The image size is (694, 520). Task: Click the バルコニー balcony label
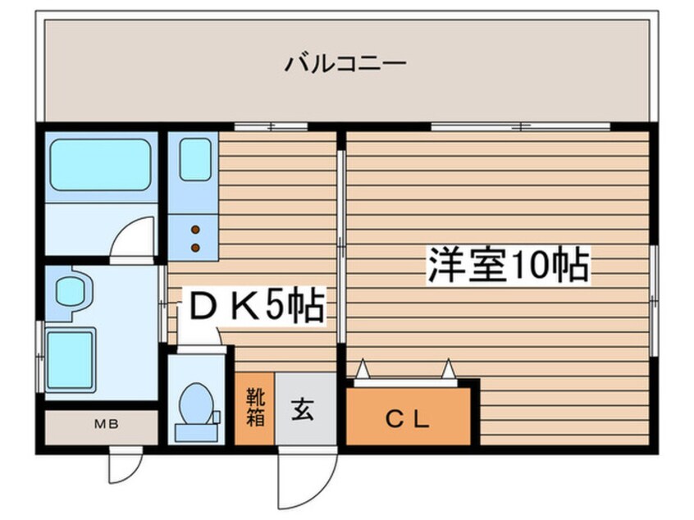tap(345, 63)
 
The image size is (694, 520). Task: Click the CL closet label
tap(408, 420)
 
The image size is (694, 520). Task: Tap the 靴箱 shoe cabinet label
tap(254, 408)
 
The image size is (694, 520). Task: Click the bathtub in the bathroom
tap(101, 165)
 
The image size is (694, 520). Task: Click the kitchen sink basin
tap(196, 160)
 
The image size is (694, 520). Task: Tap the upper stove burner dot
tap(196, 230)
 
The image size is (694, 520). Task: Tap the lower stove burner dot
tap(196, 246)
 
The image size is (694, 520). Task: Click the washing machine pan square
tap(71, 360)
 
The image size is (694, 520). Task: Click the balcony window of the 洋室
tap(520, 126)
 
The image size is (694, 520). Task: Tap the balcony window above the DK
tap(271, 126)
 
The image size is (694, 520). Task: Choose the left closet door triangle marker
tap(362, 370)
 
